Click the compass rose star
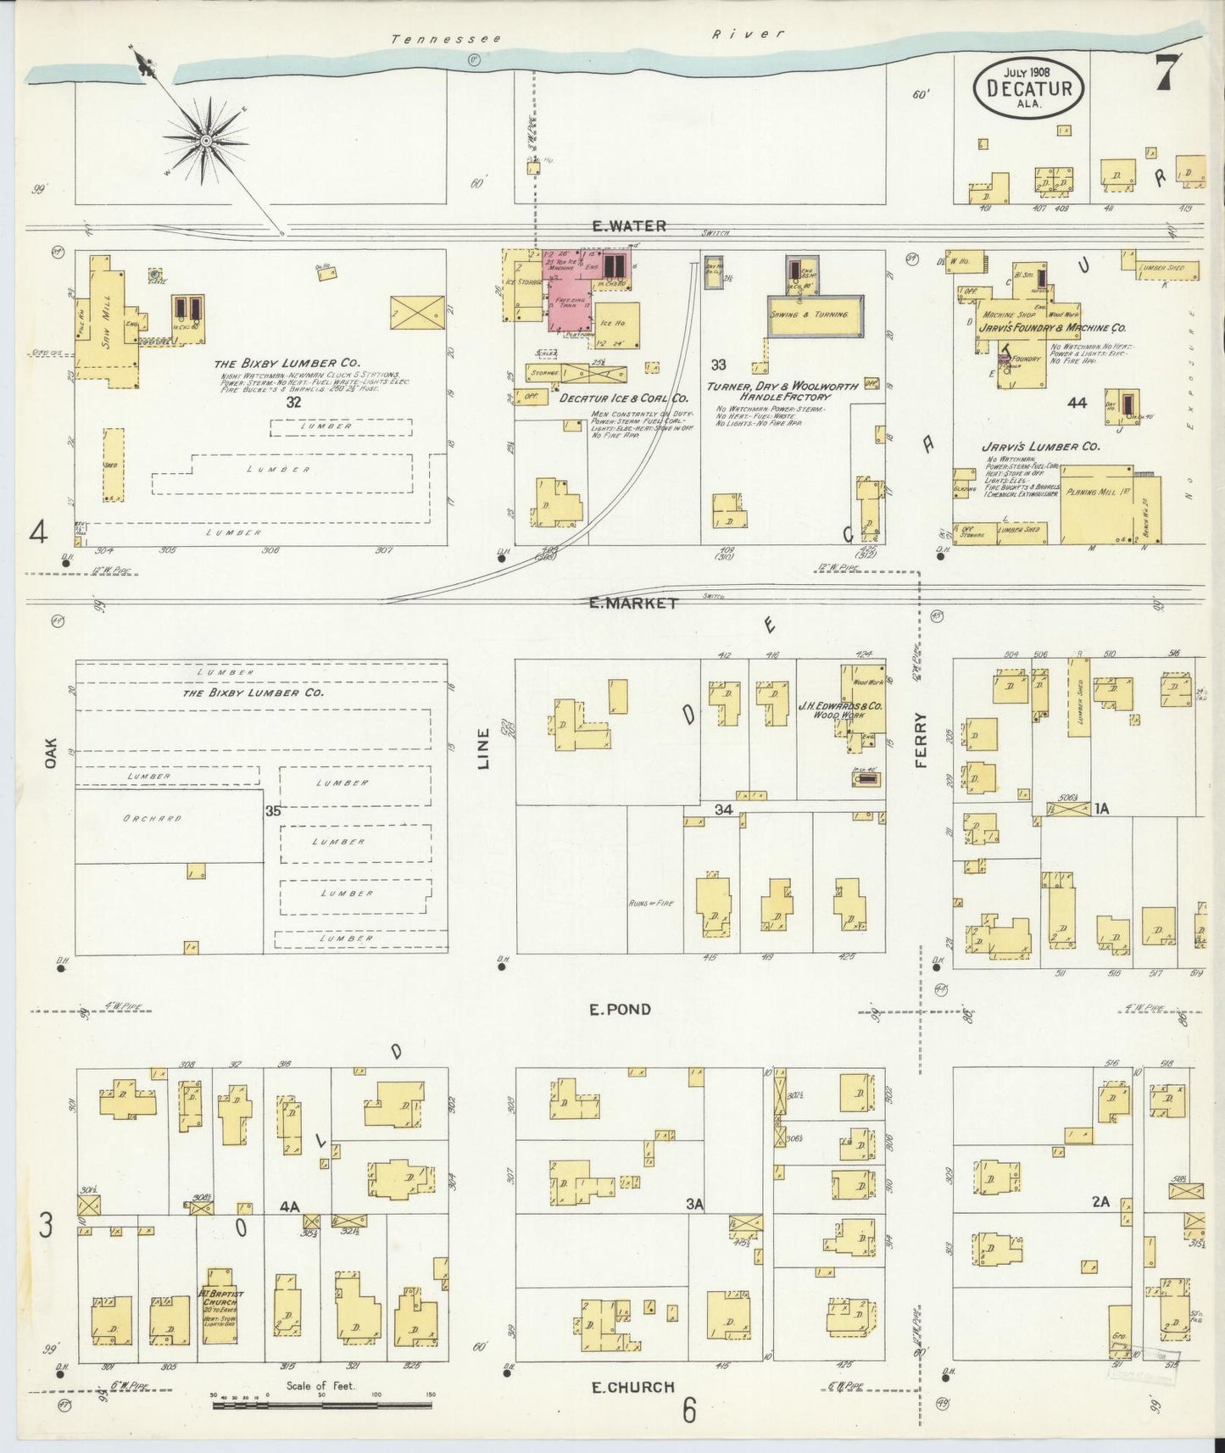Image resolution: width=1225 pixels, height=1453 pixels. [206, 139]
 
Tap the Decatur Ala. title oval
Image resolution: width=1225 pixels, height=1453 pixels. [1028, 88]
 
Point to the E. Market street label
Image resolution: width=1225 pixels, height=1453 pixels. [634, 603]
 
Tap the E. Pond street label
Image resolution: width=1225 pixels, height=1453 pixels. [621, 1010]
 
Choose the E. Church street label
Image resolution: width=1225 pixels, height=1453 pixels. [632, 1387]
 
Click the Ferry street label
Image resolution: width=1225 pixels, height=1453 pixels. [922, 740]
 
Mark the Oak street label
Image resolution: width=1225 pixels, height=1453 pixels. [51, 753]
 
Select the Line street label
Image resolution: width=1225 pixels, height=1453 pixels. [483, 749]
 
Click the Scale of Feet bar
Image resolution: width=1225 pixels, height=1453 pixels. [321, 1405]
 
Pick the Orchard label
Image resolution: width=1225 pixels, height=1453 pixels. [152, 818]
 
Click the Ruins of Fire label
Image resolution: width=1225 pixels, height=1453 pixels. [651, 903]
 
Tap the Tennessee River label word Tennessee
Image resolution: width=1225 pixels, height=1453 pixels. [446, 39]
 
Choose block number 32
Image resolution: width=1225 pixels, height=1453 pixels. [292, 402]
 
